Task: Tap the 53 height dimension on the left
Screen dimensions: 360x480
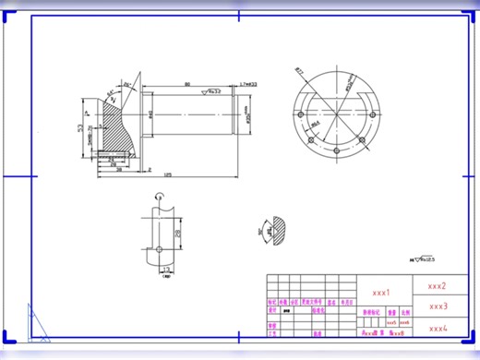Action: click(x=79, y=126)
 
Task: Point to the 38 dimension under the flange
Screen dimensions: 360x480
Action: click(x=120, y=170)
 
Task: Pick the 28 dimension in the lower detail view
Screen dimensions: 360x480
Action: click(x=179, y=233)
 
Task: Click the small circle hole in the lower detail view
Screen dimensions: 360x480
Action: click(x=159, y=249)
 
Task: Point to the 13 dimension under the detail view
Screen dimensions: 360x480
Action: click(x=165, y=275)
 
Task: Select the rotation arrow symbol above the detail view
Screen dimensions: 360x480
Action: click(x=159, y=195)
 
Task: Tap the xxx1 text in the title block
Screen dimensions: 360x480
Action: click(x=380, y=292)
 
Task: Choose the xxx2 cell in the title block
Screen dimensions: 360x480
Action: click(x=437, y=286)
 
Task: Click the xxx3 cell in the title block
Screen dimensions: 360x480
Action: click(x=438, y=306)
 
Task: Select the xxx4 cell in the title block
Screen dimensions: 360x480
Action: click(x=438, y=328)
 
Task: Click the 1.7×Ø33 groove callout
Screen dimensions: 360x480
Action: click(x=247, y=84)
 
